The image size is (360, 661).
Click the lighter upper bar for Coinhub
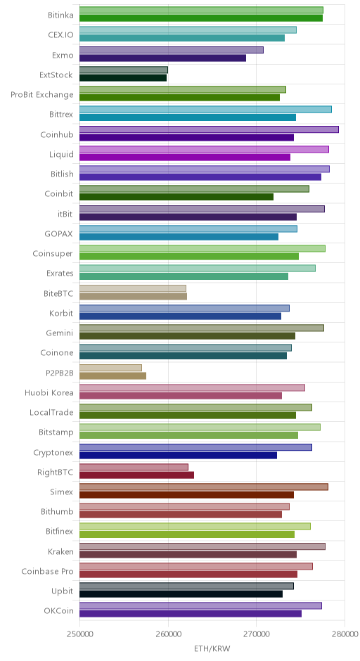coord(209,129)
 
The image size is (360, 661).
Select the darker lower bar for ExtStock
coord(123,78)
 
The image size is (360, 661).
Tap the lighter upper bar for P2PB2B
coord(111,368)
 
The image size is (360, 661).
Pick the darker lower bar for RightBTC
coord(137,475)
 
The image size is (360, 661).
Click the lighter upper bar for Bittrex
coord(206,110)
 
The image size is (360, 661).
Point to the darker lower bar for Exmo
coord(162,58)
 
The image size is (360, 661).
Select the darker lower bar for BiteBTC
coord(133,296)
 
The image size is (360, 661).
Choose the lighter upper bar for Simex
coord(204,487)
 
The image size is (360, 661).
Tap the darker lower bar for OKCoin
coord(191,614)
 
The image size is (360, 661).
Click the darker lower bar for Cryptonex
coord(179,455)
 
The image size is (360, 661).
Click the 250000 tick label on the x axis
coord(79,634)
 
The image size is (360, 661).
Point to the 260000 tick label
coord(168,634)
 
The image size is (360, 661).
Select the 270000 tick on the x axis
coord(257,634)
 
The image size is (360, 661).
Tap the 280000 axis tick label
coord(345,634)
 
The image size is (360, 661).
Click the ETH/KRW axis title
coord(212,648)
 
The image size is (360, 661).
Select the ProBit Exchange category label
coord(42,94)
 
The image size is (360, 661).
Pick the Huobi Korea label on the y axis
coord(49,392)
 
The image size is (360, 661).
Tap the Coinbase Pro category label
coord(48,571)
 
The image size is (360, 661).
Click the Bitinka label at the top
coord(60,15)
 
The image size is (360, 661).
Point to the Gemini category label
coord(60,333)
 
